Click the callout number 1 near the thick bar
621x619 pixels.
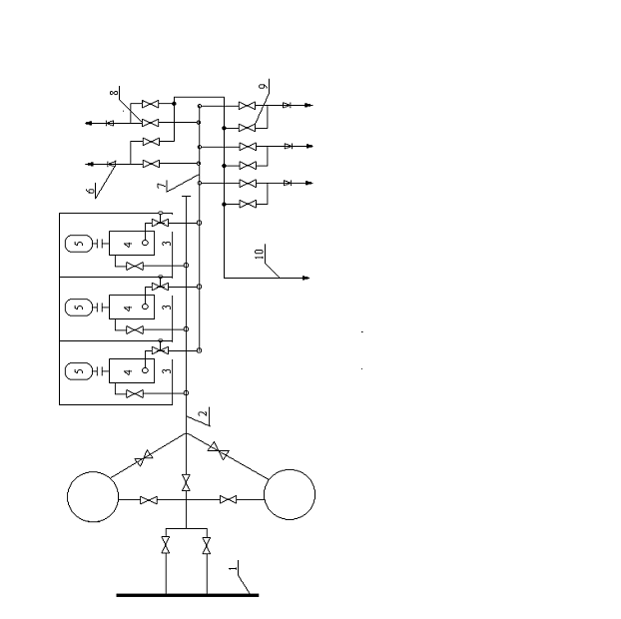tap(234, 568)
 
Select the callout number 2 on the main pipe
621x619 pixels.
tap(203, 414)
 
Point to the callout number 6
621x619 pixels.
tap(90, 191)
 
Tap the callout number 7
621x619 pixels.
tap(161, 186)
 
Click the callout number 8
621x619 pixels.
tap(114, 93)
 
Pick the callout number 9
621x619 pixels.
tap(264, 86)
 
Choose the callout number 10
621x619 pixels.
tap(260, 254)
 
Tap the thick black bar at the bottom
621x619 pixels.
tap(188, 595)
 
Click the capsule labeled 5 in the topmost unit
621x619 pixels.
tap(79, 244)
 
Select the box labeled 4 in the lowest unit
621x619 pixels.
tap(132, 371)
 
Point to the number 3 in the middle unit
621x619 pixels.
tap(167, 307)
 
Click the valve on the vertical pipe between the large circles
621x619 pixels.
tap(186, 483)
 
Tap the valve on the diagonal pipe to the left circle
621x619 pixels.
tap(144, 458)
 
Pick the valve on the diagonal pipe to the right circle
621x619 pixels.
tap(219, 450)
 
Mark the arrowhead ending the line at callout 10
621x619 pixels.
tap(307, 278)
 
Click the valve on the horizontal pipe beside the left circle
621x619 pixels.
tap(149, 500)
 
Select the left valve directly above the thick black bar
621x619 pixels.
tap(166, 545)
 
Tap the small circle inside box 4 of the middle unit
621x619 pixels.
tap(145, 307)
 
